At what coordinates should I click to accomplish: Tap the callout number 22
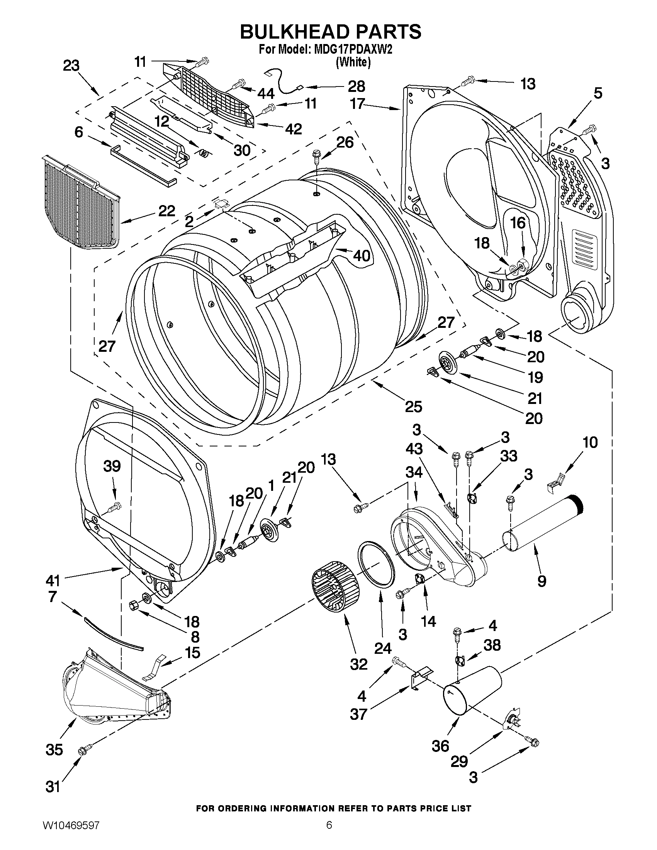pos(166,211)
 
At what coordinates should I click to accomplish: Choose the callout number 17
pos(357,104)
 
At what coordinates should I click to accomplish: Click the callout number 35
pos(54,749)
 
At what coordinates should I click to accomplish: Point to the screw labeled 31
pos(85,750)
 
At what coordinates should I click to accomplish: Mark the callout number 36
pos(440,746)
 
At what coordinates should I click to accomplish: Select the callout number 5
pos(598,93)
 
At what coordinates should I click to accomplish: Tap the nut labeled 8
pos(132,606)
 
